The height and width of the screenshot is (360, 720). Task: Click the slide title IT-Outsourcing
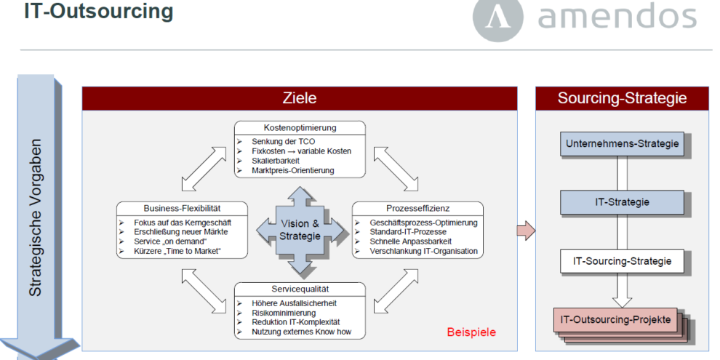tap(98, 13)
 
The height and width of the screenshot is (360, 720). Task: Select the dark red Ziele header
tap(299, 98)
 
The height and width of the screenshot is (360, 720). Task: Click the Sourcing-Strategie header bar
tap(622, 98)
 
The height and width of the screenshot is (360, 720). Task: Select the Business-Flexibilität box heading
tap(182, 209)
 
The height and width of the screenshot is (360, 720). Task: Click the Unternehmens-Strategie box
tap(622, 144)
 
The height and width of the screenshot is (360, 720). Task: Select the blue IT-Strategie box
tap(622, 201)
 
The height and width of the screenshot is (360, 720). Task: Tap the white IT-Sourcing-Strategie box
tap(622, 260)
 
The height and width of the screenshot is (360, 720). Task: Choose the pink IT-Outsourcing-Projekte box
tap(618, 319)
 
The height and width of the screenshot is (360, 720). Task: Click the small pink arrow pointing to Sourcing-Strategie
tap(526, 231)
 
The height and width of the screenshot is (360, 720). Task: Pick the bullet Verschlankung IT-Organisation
tap(423, 252)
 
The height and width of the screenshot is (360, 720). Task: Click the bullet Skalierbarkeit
tap(276, 160)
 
